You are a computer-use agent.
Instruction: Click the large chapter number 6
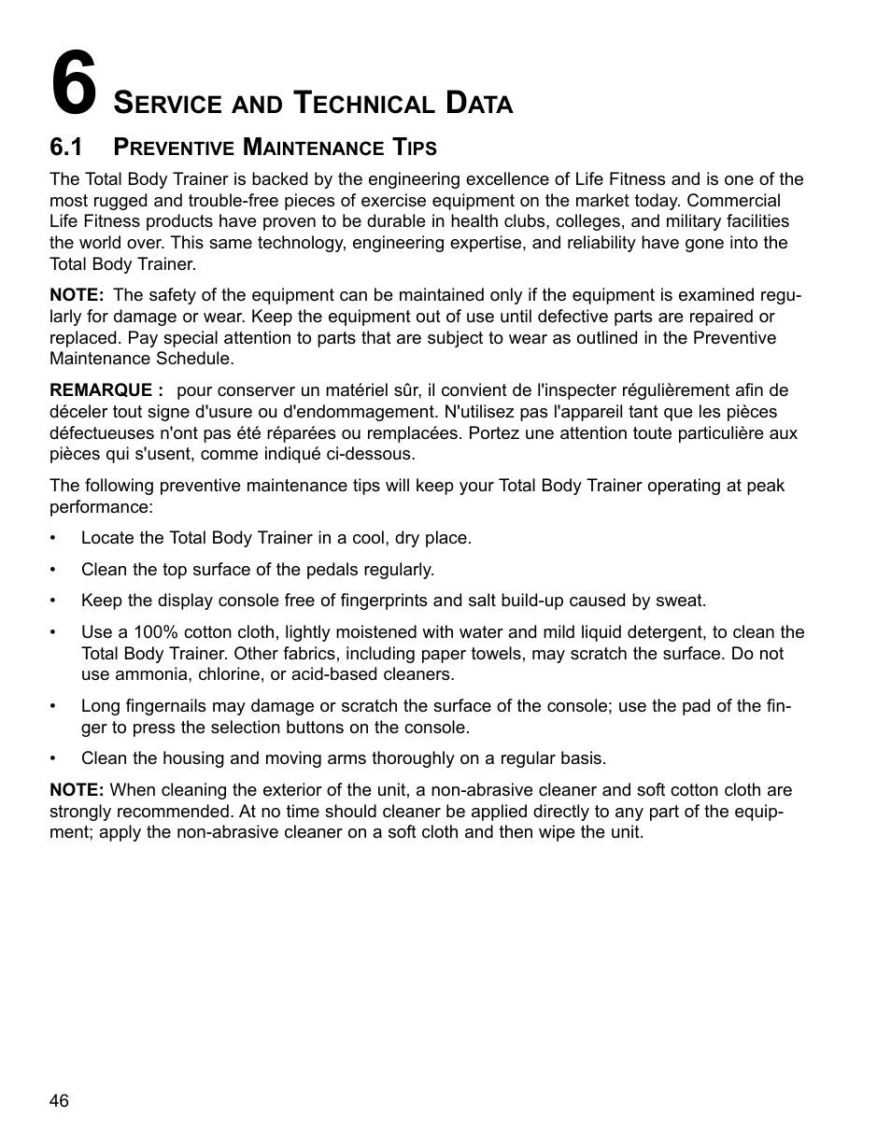pos(74,84)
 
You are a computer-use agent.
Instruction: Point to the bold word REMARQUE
pos(101,390)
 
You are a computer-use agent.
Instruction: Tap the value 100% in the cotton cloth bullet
pos(155,632)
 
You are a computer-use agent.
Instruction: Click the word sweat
pos(683,601)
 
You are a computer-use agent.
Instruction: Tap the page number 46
pos(59,1101)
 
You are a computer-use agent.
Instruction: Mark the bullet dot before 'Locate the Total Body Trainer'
pos(54,539)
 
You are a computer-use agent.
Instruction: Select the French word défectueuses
pos(100,432)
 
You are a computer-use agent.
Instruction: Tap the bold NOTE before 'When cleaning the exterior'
pos(76,790)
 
